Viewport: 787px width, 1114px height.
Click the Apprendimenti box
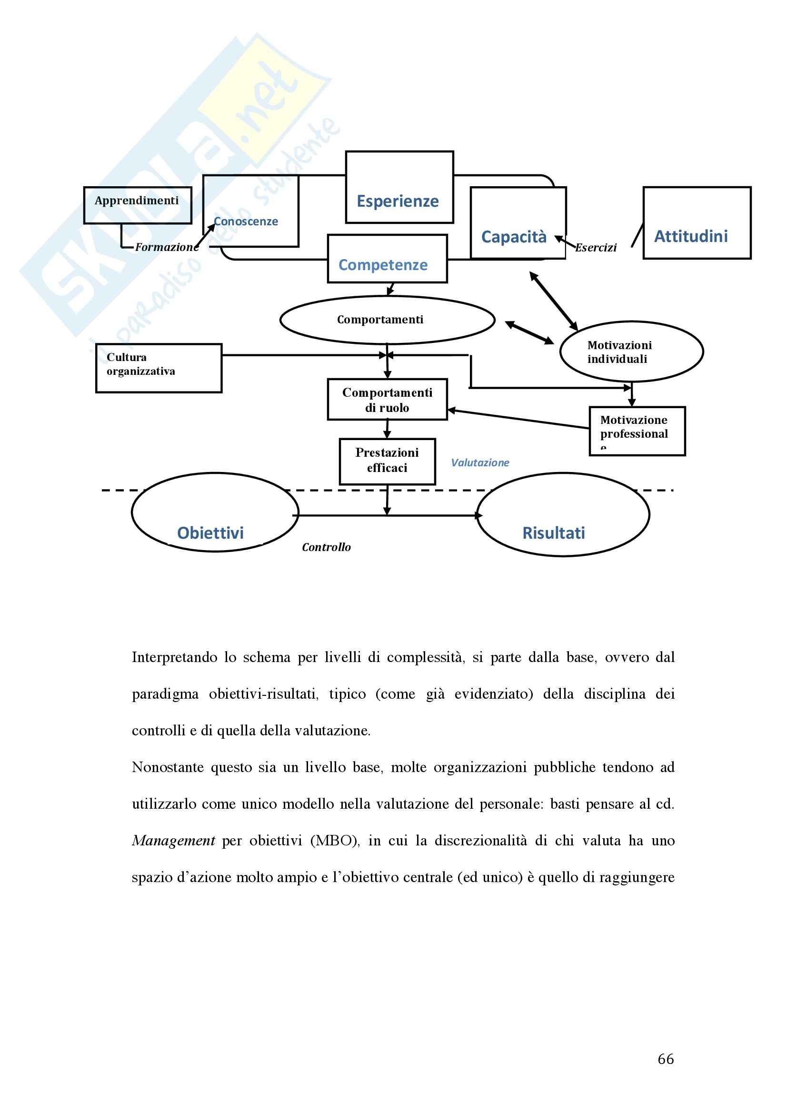(x=137, y=205)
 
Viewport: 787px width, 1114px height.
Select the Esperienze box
(x=399, y=188)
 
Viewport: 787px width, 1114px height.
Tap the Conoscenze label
(x=246, y=221)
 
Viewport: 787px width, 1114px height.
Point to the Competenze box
(x=387, y=259)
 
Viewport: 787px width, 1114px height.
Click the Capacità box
(x=518, y=223)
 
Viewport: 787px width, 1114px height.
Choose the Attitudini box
(x=697, y=223)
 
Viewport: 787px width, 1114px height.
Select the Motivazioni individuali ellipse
(x=631, y=351)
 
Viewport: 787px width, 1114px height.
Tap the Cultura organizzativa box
(x=159, y=368)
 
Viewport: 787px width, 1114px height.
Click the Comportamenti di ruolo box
(x=387, y=399)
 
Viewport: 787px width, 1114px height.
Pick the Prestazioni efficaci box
(x=387, y=461)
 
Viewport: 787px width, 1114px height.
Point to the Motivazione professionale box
(x=637, y=431)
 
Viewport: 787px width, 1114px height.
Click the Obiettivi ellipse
(x=215, y=512)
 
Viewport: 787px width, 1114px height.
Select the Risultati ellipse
(x=562, y=514)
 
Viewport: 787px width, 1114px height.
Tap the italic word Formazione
(x=167, y=247)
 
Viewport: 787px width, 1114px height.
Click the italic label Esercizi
(x=596, y=248)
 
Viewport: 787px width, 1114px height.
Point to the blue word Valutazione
(x=479, y=463)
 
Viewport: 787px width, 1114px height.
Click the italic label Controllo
(x=326, y=547)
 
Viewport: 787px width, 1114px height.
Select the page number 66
(x=665, y=1059)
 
